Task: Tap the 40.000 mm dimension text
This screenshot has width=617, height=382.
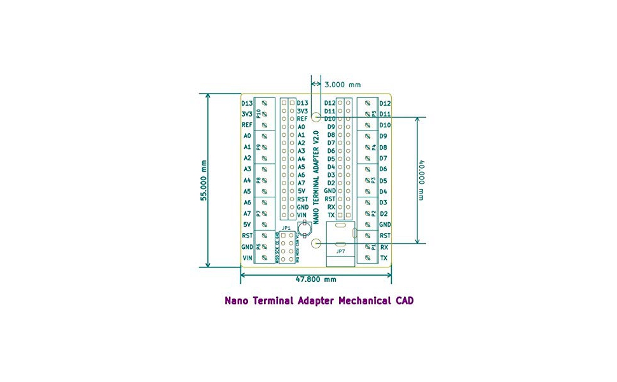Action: (x=420, y=180)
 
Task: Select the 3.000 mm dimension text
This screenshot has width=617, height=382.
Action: (x=342, y=84)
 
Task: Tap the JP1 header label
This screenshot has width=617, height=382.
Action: (x=286, y=228)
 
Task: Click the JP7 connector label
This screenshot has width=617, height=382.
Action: (x=341, y=251)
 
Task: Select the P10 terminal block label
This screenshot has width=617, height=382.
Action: (x=258, y=113)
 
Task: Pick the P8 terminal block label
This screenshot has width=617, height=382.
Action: (x=258, y=180)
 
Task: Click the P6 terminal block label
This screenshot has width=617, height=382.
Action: (x=258, y=246)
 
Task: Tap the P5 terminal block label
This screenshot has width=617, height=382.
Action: (x=374, y=113)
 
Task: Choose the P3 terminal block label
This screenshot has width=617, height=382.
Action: (x=374, y=180)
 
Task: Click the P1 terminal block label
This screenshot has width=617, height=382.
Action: (x=374, y=246)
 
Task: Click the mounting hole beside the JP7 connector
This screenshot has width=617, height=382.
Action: (x=316, y=243)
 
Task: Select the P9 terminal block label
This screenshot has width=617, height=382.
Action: (x=258, y=147)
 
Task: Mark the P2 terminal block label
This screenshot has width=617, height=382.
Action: (x=374, y=213)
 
